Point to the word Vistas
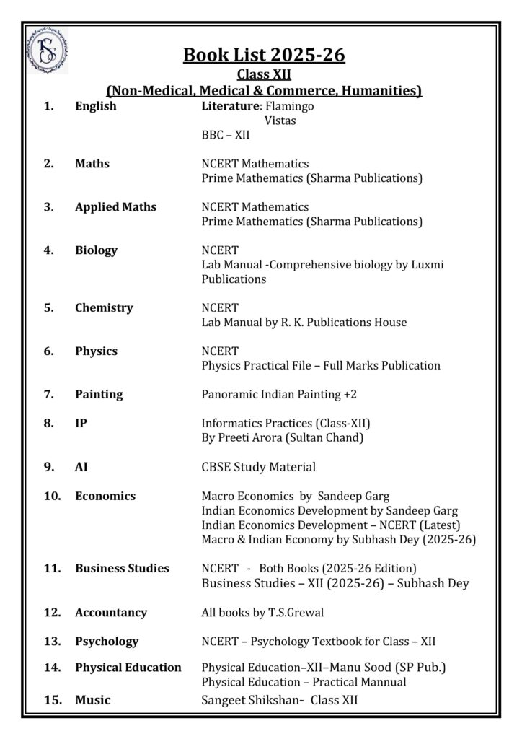[280, 121]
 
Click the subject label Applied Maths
[115, 207]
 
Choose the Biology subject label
[96, 250]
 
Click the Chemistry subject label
[104, 308]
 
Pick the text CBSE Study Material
[258, 467]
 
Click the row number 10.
[51, 496]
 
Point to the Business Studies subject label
[122, 568]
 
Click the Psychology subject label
[107, 641]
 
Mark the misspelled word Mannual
[382, 682]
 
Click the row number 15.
[51, 700]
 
